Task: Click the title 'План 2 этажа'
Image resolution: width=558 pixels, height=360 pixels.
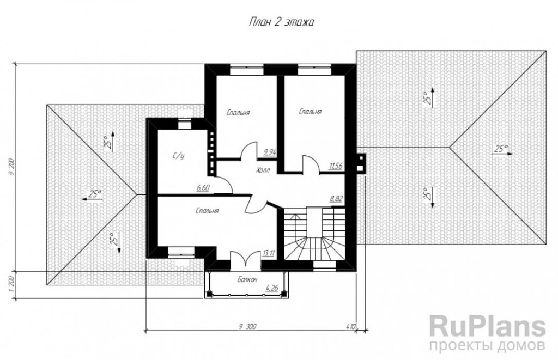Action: tap(281, 22)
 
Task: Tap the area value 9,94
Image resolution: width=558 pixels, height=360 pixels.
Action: tap(270, 152)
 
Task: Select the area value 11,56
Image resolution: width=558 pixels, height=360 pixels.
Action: tap(336, 166)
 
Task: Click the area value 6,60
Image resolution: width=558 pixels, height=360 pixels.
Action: tap(203, 188)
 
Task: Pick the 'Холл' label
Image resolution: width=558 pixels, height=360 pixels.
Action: tap(263, 170)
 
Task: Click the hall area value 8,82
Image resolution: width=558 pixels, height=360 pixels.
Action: tap(336, 198)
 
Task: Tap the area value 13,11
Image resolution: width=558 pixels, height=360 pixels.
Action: tap(268, 254)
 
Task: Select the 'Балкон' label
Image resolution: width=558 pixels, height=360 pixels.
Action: tap(247, 279)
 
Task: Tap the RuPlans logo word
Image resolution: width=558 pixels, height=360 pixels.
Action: tap(487, 327)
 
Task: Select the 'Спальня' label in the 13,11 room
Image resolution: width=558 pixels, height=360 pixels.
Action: tap(207, 211)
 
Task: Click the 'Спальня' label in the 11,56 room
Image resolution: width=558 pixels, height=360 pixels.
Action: tap(310, 112)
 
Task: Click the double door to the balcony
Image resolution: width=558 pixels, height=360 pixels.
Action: tap(246, 259)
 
